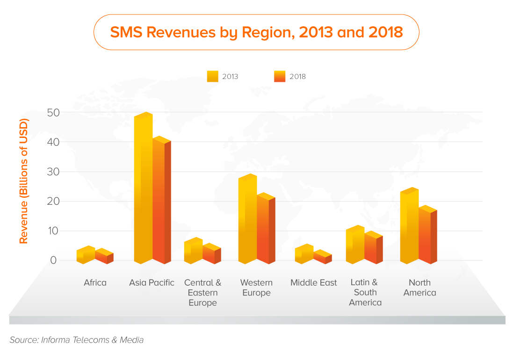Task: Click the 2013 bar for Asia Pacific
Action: coord(143,189)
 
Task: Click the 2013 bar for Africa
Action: coord(86,255)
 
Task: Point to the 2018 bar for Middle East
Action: coord(322,258)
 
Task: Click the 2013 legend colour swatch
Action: coord(212,76)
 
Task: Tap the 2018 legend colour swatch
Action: coord(280,76)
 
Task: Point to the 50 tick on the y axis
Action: coord(53,113)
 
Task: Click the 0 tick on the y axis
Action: coord(53,260)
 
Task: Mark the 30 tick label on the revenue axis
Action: coord(53,172)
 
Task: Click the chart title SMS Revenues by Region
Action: coord(256,32)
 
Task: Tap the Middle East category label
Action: coord(313,283)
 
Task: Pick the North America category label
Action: coord(419,288)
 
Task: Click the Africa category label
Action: coord(95,283)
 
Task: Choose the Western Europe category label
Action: coord(256,288)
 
